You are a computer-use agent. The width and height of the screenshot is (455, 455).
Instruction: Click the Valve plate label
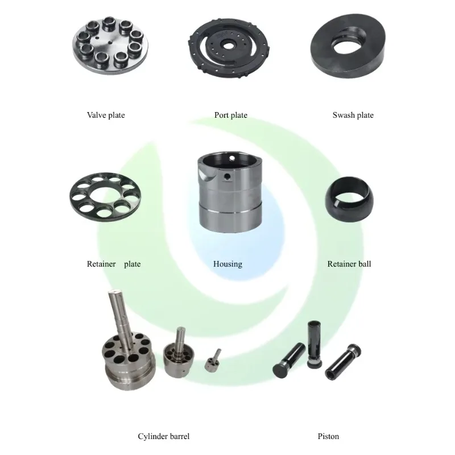106,115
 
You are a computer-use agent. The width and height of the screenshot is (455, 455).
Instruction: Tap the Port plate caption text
231,115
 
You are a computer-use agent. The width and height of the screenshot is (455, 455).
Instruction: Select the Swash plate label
353,115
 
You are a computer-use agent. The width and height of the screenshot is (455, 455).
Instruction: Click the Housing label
227,264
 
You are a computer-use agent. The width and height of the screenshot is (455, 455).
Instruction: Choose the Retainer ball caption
349,264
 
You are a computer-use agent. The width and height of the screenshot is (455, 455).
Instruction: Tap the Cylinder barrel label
164,437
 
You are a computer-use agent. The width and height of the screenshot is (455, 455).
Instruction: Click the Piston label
328,437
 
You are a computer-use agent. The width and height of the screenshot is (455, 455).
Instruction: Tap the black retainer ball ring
348,196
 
